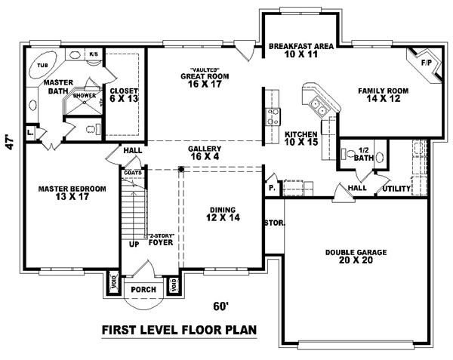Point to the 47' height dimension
tap(10, 143)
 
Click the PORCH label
tap(143, 288)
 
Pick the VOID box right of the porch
tap(174, 285)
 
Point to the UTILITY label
tap(396, 188)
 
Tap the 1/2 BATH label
tap(363, 154)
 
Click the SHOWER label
tap(84, 96)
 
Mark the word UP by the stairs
tap(134, 245)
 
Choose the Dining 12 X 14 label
tap(223, 214)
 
